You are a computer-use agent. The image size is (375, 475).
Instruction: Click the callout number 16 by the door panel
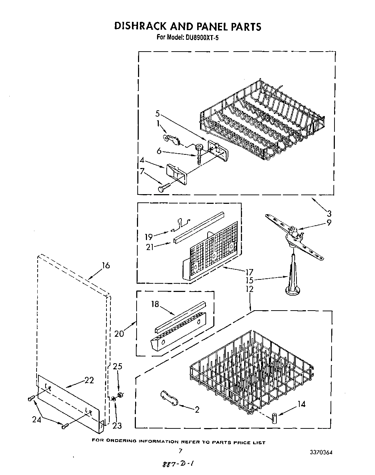point(106,265)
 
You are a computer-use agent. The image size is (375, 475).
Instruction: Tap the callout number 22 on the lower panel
point(89,380)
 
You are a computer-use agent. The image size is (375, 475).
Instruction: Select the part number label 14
point(302,404)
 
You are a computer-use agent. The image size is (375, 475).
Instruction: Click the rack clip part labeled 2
point(169,398)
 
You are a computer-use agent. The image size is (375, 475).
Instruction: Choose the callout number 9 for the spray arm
point(329,222)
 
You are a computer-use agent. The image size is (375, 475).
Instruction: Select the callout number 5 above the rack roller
point(157,114)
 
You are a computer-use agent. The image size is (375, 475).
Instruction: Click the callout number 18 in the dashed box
point(155,304)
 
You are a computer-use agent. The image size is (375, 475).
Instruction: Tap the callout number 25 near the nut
point(118,366)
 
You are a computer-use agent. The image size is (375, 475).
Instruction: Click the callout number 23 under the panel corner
point(117,425)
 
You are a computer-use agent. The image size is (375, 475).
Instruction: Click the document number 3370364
point(321,452)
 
